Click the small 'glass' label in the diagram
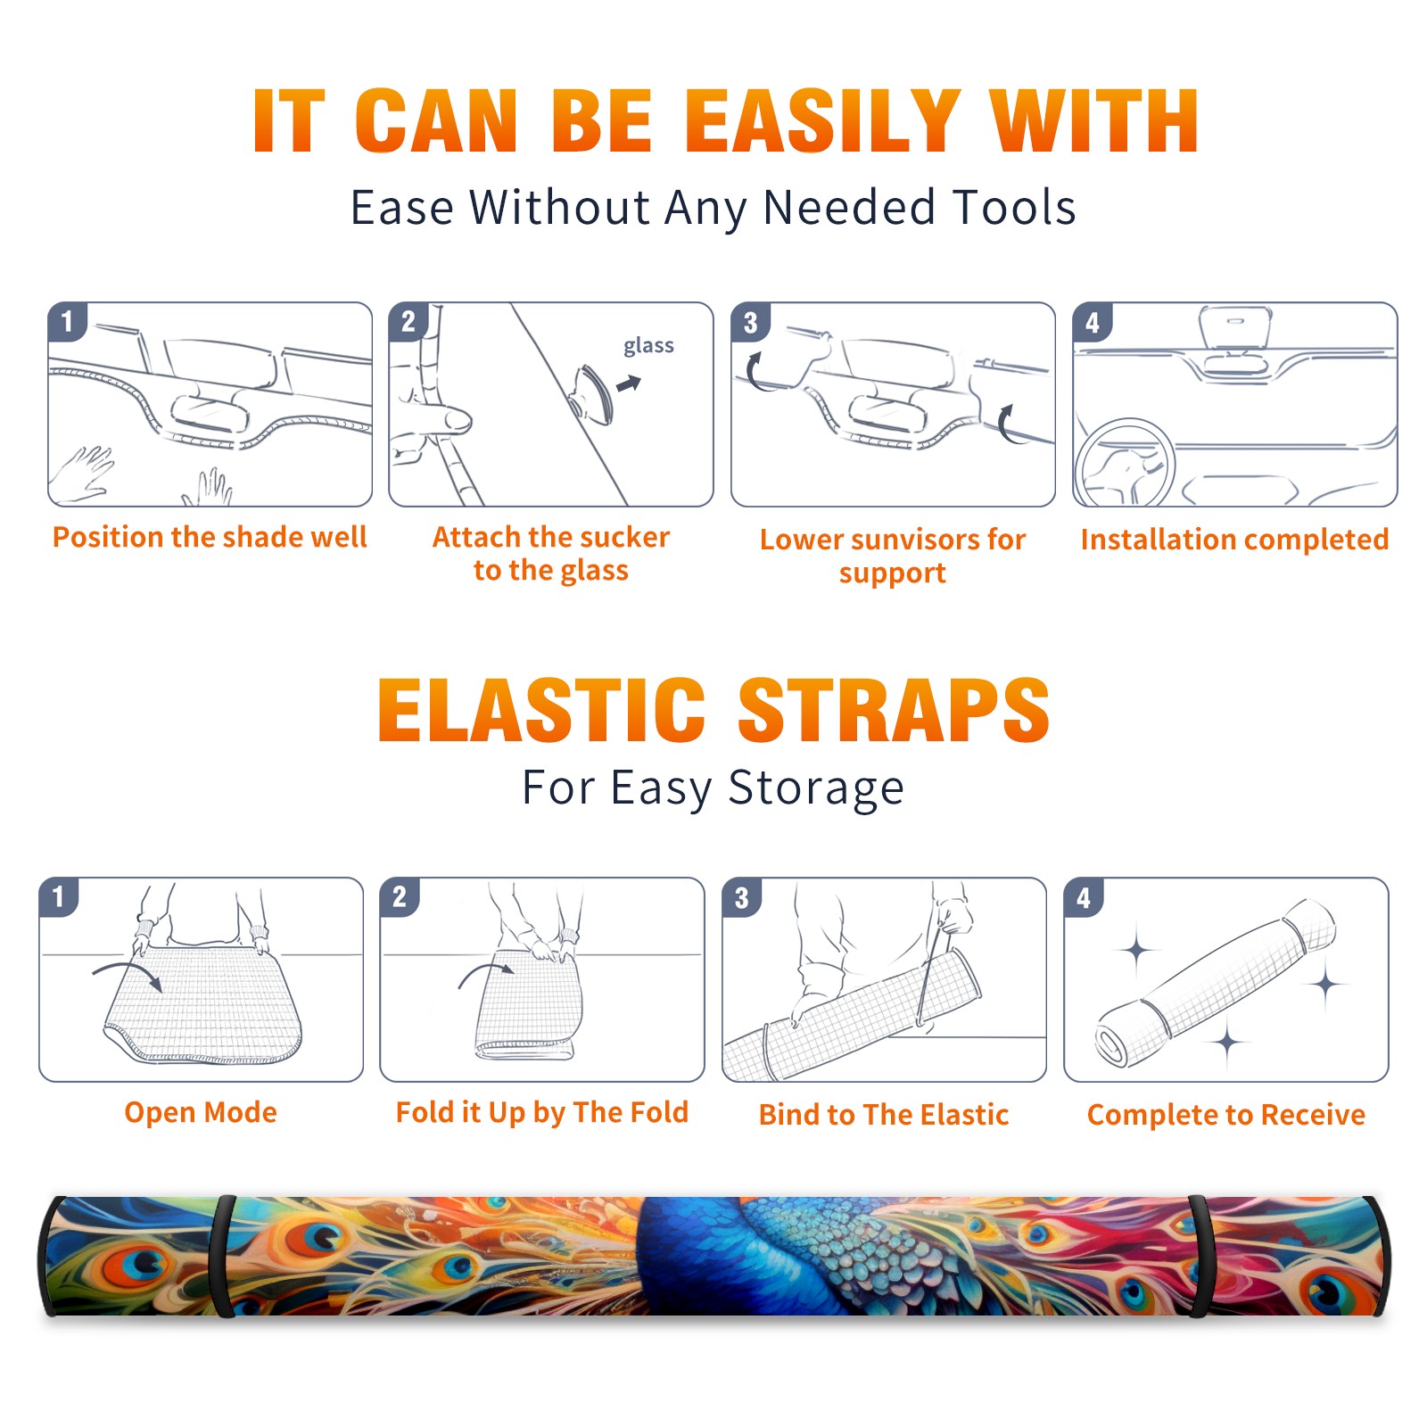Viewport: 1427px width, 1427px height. [x=648, y=345]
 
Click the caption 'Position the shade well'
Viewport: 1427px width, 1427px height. [x=210, y=537]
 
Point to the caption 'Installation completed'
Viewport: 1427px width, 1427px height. [x=1234, y=539]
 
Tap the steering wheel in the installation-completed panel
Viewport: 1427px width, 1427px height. [x=1126, y=464]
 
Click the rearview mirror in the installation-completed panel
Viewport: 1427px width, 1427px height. [x=1235, y=328]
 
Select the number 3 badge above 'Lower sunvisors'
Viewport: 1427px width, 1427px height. [x=750, y=322]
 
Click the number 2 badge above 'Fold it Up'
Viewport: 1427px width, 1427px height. [x=400, y=896]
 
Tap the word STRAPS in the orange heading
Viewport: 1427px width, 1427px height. [x=894, y=710]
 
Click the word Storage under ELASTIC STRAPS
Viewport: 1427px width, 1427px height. [x=816, y=788]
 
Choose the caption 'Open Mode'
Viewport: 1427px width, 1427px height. [x=201, y=1112]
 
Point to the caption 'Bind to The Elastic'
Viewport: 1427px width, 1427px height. [x=884, y=1115]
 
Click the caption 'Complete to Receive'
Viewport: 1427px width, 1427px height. [x=1226, y=1115]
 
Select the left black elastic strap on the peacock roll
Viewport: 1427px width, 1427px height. [x=222, y=1257]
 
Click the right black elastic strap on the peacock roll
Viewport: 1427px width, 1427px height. [x=1198, y=1257]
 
